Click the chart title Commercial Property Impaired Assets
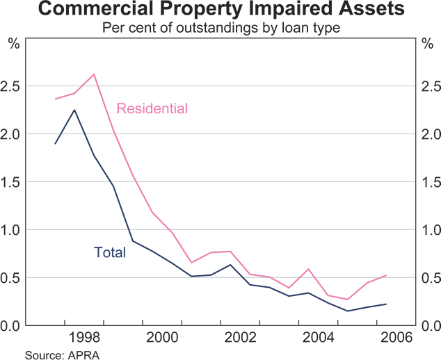pos(220,10)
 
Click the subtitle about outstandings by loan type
pos(220,28)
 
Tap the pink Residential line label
pos(152,108)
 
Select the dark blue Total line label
pos(110,252)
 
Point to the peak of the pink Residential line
pos(94,74)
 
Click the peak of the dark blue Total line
pos(74,110)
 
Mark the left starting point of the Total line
pos(55,143)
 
